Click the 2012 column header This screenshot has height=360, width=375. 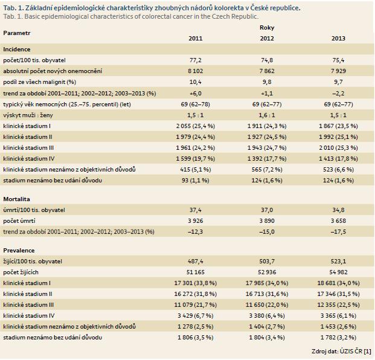267,38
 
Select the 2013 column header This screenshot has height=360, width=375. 338,38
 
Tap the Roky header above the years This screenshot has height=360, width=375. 267,28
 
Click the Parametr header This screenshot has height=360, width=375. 17,33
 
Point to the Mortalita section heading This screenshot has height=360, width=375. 16,199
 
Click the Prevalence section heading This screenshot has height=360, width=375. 19,251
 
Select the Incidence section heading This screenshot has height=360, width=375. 17,50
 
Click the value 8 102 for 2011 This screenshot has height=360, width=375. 196,71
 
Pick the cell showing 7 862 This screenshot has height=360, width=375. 267,71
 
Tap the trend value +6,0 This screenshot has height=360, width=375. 196,93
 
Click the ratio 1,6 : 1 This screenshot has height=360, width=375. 267,115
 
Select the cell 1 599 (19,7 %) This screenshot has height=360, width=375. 196,159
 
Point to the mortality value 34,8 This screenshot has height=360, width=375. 338,210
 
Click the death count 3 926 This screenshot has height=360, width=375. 196,221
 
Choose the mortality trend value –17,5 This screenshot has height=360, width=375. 338,231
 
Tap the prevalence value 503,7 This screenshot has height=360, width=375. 267,261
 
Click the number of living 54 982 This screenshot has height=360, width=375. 338,272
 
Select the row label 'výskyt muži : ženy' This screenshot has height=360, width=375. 28,115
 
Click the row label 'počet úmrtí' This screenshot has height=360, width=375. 19,221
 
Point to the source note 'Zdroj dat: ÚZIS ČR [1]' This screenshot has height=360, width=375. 341,351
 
